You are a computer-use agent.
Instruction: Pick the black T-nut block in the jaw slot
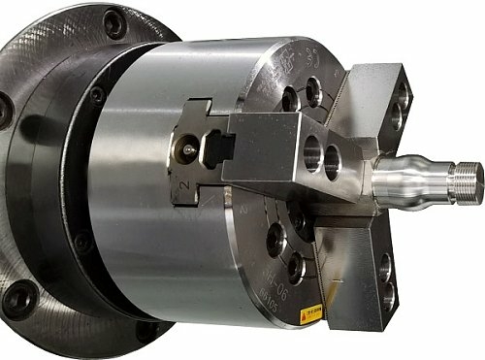tap(220, 147)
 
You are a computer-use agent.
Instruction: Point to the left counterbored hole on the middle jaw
tap(311, 152)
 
